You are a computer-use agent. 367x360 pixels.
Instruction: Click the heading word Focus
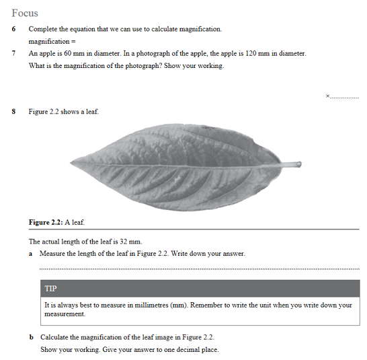point(25,13)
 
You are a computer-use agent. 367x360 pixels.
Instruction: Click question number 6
point(13,29)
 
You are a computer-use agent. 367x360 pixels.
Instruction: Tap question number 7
point(13,53)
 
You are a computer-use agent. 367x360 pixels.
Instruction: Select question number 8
point(13,112)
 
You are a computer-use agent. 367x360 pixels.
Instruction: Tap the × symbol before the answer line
point(327,96)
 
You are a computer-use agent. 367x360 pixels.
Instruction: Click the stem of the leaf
point(290,164)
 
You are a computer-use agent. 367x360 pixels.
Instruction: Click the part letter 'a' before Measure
point(32,254)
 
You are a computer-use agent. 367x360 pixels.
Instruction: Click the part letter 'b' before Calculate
point(32,337)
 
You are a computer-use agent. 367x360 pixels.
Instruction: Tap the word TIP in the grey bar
point(51,289)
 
